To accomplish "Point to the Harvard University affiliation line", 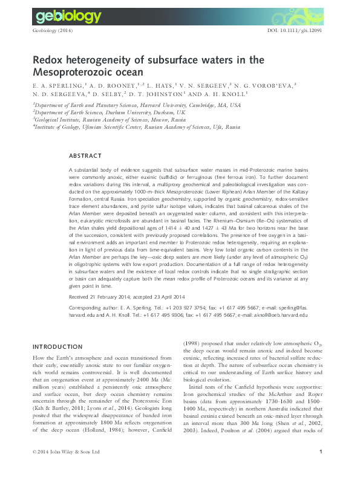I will tap(136, 105).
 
